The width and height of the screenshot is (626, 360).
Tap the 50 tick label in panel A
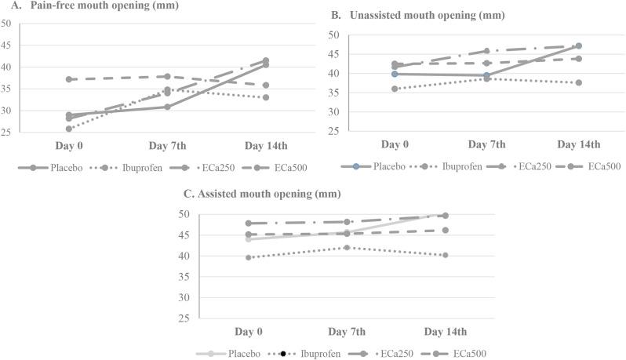6,24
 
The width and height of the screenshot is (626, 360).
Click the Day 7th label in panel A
167,146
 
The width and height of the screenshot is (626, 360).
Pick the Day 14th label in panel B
578,145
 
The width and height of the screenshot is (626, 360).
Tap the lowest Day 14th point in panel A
266,97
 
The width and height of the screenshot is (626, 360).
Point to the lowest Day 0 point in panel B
395,89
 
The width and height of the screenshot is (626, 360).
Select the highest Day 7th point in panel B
486,51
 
